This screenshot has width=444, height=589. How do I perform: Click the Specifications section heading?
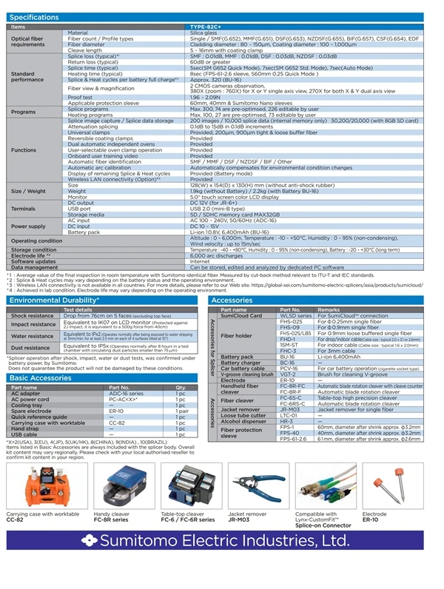tap(35, 16)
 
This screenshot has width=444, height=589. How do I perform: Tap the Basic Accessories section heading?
tap(39, 377)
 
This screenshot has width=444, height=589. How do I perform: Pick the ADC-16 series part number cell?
tap(125, 393)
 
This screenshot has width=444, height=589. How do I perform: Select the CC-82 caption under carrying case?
tap(16, 519)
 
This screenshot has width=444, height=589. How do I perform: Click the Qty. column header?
tap(181, 387)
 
